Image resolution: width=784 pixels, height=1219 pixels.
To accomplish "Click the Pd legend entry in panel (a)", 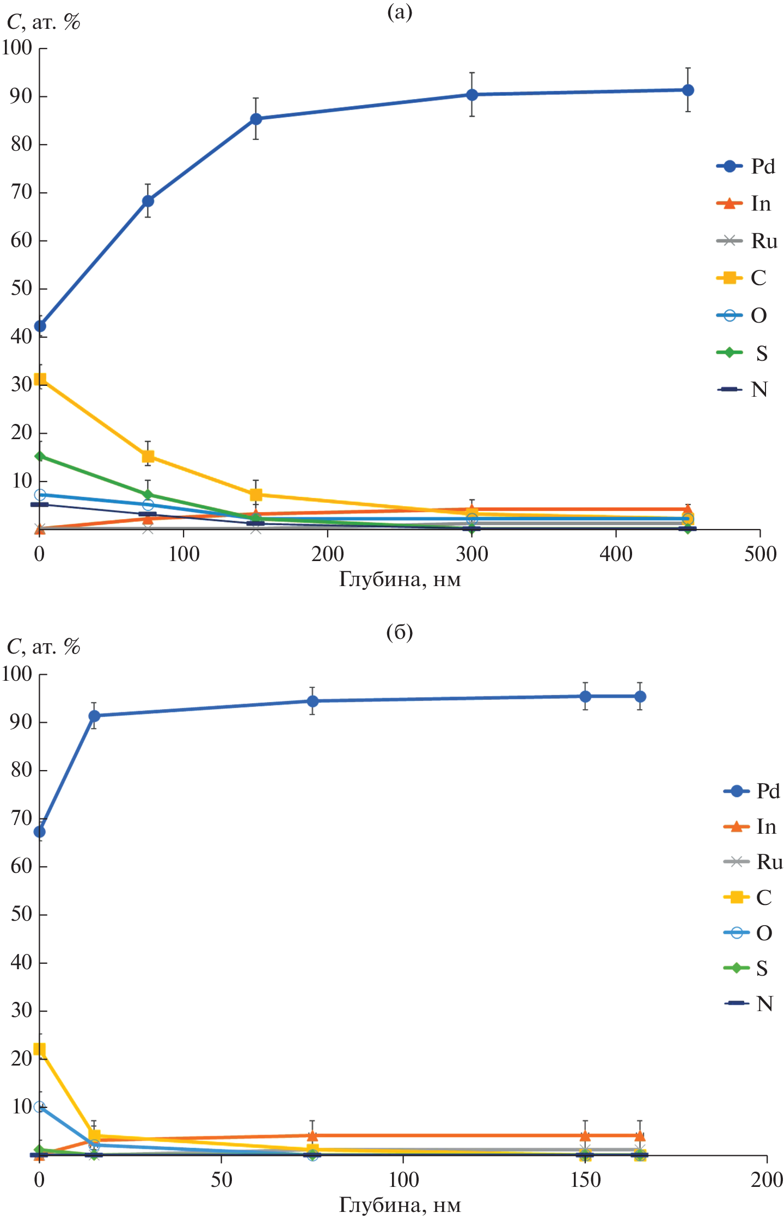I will click(x=745, y=167).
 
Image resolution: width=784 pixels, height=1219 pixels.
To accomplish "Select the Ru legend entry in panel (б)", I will click(x=754, y=862).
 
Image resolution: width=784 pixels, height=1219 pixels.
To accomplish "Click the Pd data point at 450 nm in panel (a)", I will click(x=688, y=90).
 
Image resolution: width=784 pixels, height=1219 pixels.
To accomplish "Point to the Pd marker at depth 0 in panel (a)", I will click(x=40, y=326).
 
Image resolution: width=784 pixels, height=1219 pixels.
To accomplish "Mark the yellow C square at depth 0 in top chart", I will click(x=40, y=379).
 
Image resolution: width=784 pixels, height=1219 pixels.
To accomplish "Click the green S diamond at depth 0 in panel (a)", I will click(x=40, y=456).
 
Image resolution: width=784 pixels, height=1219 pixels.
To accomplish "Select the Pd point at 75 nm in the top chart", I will click(x=148, y=201).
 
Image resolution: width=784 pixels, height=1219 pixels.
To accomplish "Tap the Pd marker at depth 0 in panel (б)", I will click(x=39, y=832).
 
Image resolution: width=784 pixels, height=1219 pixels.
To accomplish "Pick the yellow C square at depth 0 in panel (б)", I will click(x=39, y=1049).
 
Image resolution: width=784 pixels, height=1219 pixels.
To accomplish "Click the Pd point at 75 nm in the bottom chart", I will click(x=313, y=701).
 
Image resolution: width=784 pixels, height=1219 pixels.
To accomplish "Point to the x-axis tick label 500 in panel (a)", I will click(x=760, y=554).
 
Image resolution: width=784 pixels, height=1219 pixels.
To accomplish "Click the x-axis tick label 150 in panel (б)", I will click(x=585, y=1180).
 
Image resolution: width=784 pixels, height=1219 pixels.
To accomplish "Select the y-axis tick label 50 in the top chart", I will click(x=21, y=288).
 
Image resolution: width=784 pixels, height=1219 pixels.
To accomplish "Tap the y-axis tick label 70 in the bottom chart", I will click(x=21, y=818).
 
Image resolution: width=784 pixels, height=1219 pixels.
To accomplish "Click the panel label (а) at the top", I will click(x=400, y=11).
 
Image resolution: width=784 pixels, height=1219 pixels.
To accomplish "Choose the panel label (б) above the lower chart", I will click(x=400, y=632).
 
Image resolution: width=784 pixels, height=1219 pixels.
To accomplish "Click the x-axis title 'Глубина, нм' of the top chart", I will click(x=400, y=579).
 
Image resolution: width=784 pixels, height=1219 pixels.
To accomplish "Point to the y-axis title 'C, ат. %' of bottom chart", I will click(x=44, y=647).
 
